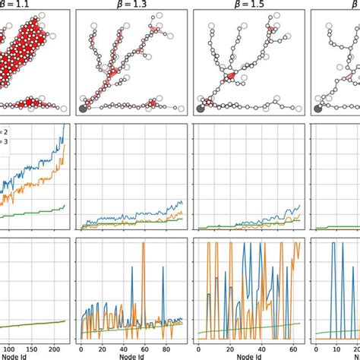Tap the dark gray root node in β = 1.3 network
point(84,108)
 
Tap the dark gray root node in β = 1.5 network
point(200,108)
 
